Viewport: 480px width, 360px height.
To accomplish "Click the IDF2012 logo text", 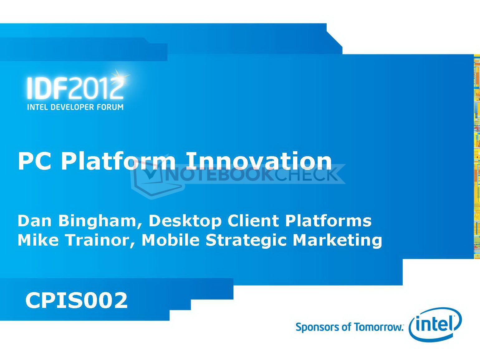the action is tap(75, 88).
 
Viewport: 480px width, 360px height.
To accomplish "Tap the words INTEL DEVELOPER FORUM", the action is tap(75, 107).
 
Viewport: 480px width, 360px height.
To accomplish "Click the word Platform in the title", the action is tap(118, 162).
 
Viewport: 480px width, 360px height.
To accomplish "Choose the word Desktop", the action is tap(185, 222).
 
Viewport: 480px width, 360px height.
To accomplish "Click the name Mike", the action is tap(38, 240).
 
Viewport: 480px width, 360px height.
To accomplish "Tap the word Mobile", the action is tap(170, 240).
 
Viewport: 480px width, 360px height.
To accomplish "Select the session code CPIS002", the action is tap(76, 300).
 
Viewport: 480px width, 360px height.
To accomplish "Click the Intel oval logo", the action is tap(435, 324).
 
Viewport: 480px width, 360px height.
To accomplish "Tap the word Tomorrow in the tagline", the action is tap(378, 327).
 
